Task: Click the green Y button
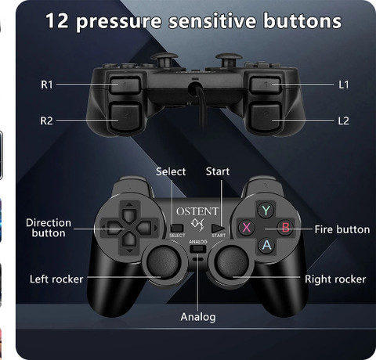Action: point(266,210)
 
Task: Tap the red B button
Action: point(286,228)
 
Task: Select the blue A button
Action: point(266,246)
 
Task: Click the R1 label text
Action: point(48,84)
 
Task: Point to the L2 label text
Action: point(343,121)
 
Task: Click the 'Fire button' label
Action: point(342,229)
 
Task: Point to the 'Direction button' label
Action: point(49,228)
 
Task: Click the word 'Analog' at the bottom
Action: point(197,317)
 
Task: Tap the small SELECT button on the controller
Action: point(177,229)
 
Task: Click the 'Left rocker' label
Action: point(56,279)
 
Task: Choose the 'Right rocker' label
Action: point(334,279)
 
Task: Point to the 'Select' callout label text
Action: point(171,171)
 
